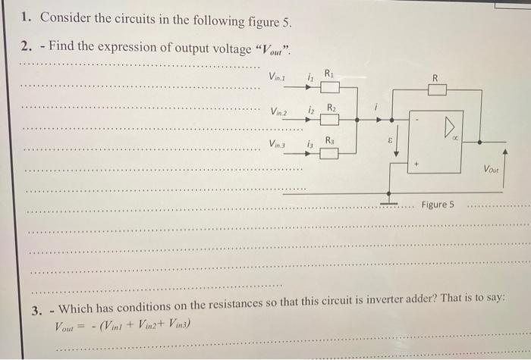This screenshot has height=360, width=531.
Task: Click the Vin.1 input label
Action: click(x=279, y=77)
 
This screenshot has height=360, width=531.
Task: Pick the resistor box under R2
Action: click(x=329, y=119)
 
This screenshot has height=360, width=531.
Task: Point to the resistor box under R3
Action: click(x=329, y=153)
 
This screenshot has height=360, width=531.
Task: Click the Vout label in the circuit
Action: click(x=491, y=171)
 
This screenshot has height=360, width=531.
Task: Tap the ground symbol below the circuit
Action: click(x=389, y=204)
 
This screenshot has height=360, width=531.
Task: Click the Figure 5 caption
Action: click(x=438, y=205)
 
